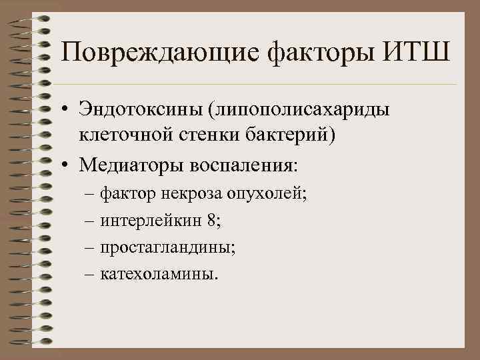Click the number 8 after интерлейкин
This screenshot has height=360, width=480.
192,220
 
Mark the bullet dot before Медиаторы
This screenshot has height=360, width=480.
68,163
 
